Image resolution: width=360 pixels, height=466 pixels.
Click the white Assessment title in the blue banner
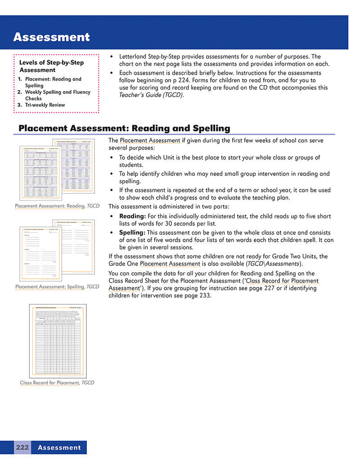[x=51, y=37]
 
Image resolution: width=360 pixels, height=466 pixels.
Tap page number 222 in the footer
[x=22, y=448]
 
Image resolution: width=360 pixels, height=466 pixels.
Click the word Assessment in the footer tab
[x=59, y=448]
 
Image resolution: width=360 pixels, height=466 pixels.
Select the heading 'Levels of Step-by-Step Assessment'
[x=51, y=66]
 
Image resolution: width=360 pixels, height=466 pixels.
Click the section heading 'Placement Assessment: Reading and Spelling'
[x=124, y=128]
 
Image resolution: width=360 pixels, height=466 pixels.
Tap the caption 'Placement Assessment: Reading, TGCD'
[x=57, y=206]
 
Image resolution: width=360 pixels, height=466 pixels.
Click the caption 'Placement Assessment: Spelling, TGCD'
[x=57, y=286]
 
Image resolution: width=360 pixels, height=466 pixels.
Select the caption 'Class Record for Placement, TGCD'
[x=57, y=383]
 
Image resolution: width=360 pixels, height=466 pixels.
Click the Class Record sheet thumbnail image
[x=58, y=341]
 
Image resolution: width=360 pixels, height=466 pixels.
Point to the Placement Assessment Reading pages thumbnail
[x=57, y=169]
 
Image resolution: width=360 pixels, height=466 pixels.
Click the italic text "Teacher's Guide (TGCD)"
[x=151, y=95]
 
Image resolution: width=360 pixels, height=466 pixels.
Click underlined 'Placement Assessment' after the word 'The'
[x=150, y=140]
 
